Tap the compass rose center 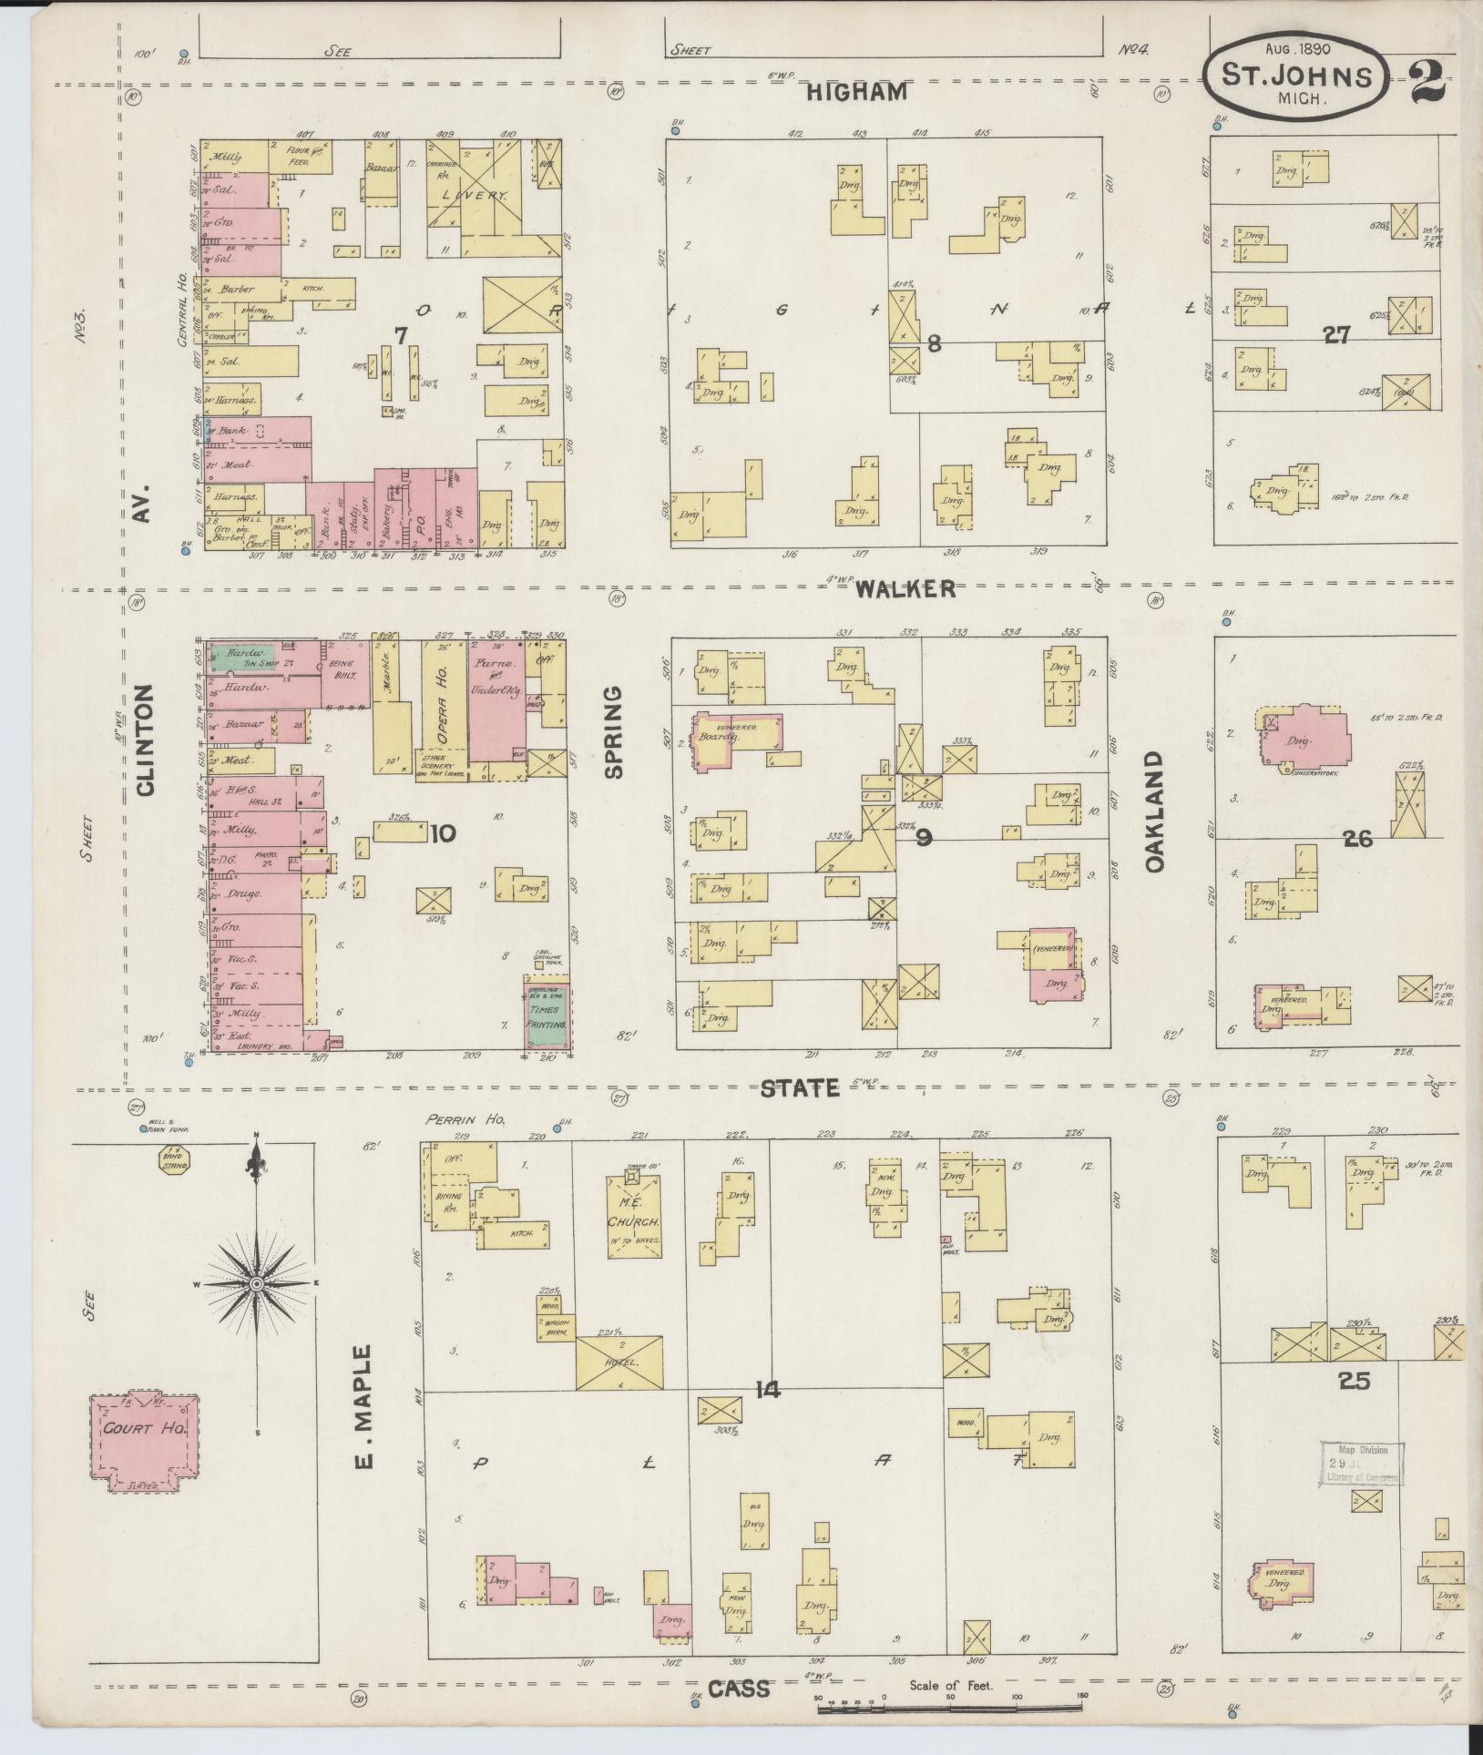[258, 1283]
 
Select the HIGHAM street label [857, 92]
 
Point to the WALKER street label [905, 589]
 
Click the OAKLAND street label [1155, 811]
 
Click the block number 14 [768, 1389]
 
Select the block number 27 [1336, 336]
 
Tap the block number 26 [1357, 839]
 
